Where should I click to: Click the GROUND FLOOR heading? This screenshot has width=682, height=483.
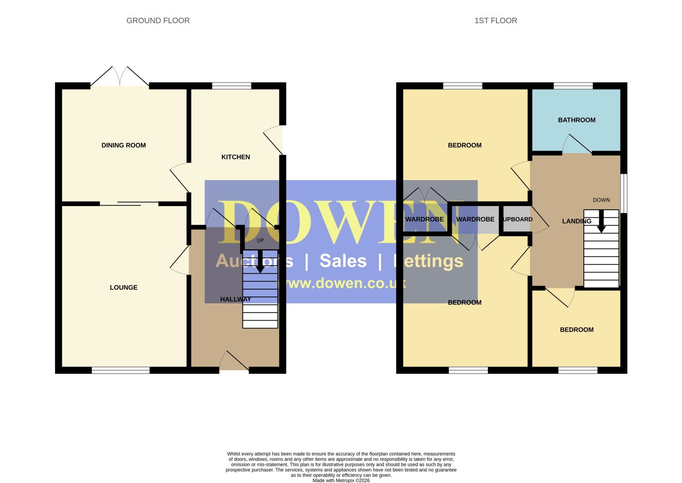coord(158,20)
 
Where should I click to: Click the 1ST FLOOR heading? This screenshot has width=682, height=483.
coord(496,20)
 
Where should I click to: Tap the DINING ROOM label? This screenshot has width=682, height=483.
coord(124,145)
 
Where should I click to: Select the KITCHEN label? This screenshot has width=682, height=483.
coord(236,157)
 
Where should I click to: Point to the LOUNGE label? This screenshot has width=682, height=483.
coord(124,287)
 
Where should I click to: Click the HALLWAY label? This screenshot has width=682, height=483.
coord(236,299)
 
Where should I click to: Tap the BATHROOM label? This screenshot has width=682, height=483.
coord(577,120)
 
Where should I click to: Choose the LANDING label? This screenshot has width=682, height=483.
coord(577,221)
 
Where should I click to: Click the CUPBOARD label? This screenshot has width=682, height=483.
coord(517,219)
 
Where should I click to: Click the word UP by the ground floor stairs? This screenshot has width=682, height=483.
coord(261,240)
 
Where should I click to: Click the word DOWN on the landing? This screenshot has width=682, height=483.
coord(602,200)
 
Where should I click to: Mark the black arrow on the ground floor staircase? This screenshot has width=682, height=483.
coord(260,262)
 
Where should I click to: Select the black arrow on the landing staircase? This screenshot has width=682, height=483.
coord(602,221)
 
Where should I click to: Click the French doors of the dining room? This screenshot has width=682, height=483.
coord(120,76)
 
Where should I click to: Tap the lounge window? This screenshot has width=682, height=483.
coord(121,370)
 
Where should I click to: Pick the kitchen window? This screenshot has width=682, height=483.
coord(232,86)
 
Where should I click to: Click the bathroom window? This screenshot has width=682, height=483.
coord(573,86)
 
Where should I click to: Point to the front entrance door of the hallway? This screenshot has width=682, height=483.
coord(234,361)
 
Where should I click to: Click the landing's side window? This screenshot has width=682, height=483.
coord(624,193)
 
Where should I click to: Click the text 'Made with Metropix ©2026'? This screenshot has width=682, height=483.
coord(341,480)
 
